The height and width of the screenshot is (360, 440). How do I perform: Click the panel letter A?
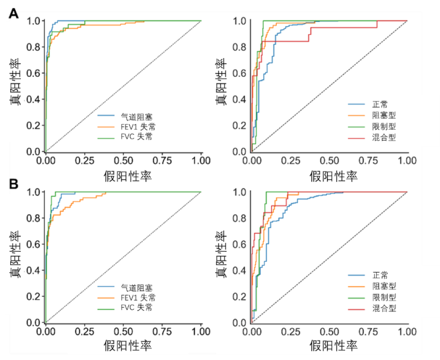point(12,13)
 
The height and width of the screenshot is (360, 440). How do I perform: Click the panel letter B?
point(12,184)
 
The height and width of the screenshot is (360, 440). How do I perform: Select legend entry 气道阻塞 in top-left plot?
point(136,116)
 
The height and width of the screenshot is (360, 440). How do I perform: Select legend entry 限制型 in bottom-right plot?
point(384,297)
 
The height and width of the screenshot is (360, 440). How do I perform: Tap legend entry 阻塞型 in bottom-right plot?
point(384,286)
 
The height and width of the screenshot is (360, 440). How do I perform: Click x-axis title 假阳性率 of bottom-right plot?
point(333,346)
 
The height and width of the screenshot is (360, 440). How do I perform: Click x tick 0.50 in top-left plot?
point(124,161)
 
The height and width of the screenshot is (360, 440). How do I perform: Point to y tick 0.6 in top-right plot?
point(239,73)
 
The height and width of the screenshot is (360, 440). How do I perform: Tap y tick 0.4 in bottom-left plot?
point(33,270)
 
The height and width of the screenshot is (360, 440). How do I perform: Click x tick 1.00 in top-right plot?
point(407,161)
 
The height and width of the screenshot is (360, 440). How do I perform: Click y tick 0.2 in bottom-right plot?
point(239,296)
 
